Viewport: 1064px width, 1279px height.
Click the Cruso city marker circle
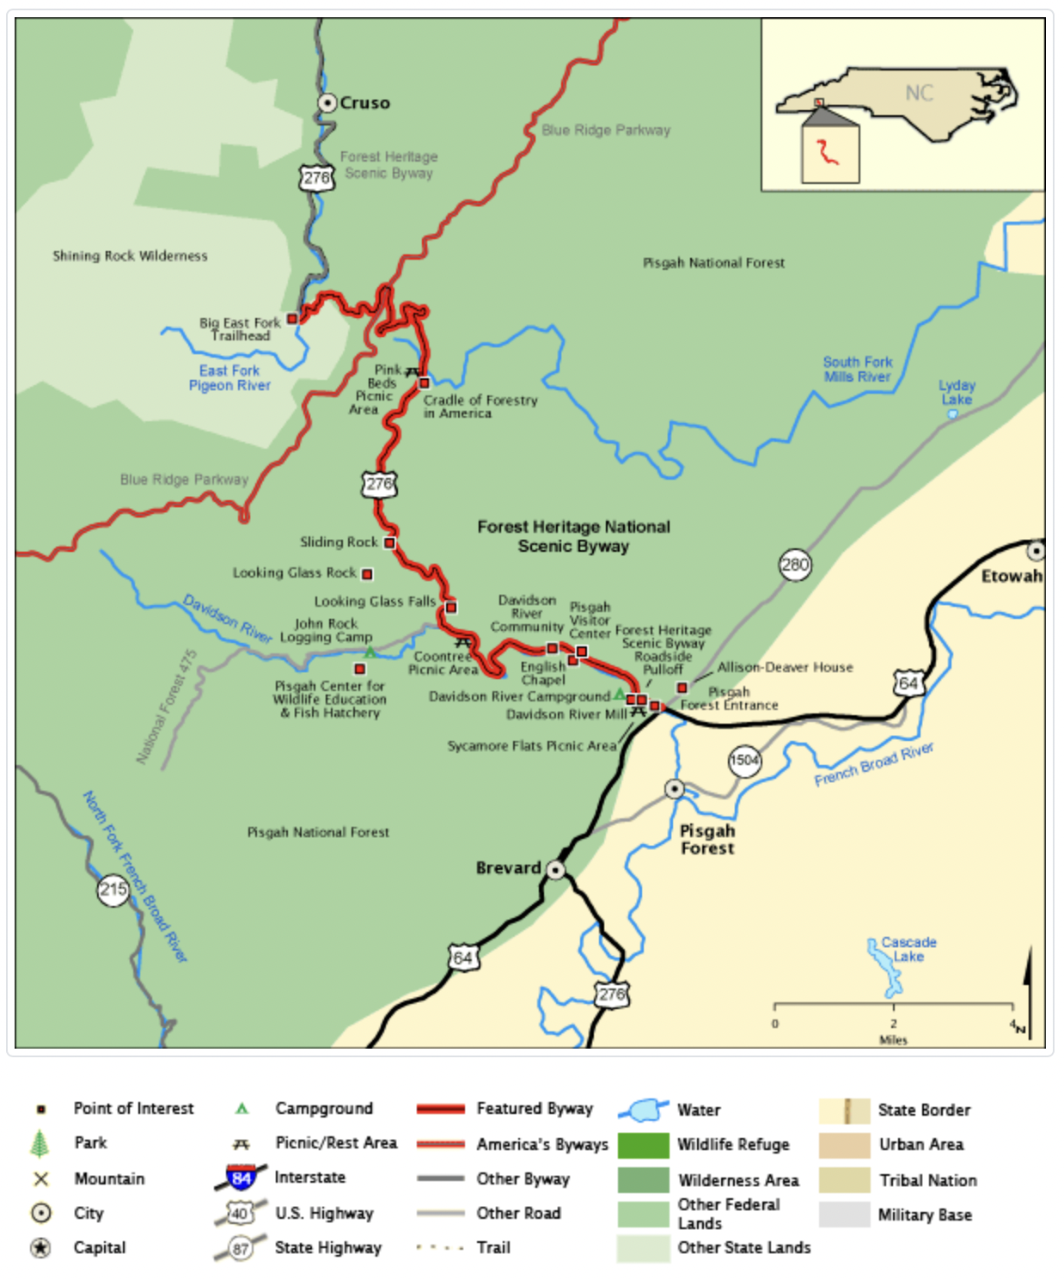(x=327, y=103)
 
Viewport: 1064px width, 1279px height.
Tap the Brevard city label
(x=508, y=868)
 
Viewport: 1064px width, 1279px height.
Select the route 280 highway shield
(x=795, y=565)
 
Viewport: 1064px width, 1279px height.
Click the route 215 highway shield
(x=113, y=890)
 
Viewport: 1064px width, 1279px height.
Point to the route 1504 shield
(x=744, y=760)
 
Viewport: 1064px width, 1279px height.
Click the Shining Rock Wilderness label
(x=130, y=256)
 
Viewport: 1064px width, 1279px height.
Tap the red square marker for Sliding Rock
(x=389, y=542)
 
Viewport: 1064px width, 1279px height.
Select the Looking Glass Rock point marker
(x=367, y=573)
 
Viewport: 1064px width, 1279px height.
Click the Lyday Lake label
(x=957, y=393)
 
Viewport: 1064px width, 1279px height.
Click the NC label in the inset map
(x=919, y=93)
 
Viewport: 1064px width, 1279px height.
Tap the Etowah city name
(x=1012, y=576)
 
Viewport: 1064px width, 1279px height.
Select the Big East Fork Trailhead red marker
(x=292, y=319)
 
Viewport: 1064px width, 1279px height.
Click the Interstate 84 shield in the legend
(x=241, y=1178)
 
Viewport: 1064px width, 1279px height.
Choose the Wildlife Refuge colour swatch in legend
(x=642, y=1145)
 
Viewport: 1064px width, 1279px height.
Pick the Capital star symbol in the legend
(x=40, y=1248)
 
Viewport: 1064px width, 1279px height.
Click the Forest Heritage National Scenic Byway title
(x=573, y=536)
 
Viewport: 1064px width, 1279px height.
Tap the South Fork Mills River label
(x=857, y=370)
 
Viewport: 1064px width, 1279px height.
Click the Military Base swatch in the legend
(x=844, y=1215)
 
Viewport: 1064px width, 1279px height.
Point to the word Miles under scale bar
(x=893, y=1040)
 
